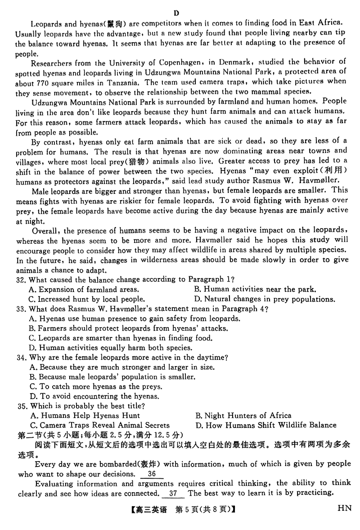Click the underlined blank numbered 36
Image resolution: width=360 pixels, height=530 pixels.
(x=152, y=474)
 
